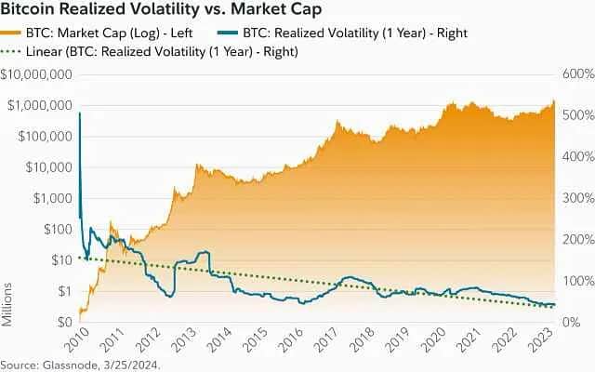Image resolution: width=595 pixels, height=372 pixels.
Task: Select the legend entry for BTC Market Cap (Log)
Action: tap(99, 33)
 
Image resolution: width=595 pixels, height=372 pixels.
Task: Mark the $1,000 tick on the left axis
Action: tap(46, 198)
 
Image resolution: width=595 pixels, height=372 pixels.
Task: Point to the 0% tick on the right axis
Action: tap(573, 322)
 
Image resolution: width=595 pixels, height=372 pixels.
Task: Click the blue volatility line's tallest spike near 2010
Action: tap(79, 113)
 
